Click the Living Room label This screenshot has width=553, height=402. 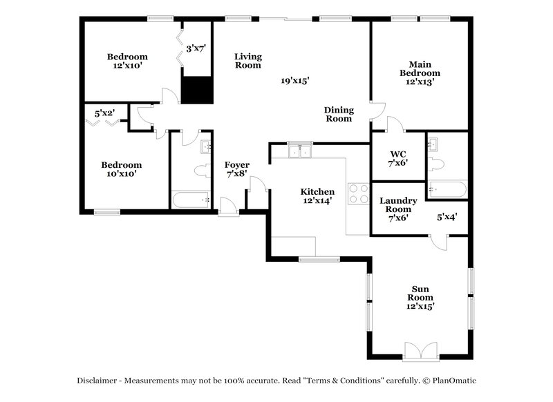[247, 61]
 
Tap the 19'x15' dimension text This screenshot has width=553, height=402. [294, 81]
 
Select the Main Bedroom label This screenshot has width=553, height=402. [420, 72]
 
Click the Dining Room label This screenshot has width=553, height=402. [339, 114]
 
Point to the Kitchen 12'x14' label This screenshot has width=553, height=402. [317, 196]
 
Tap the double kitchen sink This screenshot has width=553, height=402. [300, 151]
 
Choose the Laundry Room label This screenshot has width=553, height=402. [398, 209]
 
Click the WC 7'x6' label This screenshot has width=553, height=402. [397, 157]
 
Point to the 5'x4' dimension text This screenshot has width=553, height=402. [447, 217]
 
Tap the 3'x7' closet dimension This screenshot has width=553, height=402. [196, 49]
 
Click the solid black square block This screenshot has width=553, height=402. [196, 90]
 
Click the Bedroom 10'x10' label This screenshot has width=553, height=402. [121, 169]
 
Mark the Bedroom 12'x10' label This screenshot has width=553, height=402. [127, 61]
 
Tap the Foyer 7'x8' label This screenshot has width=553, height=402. [236, 169]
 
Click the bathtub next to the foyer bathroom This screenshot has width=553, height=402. [190, 200]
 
